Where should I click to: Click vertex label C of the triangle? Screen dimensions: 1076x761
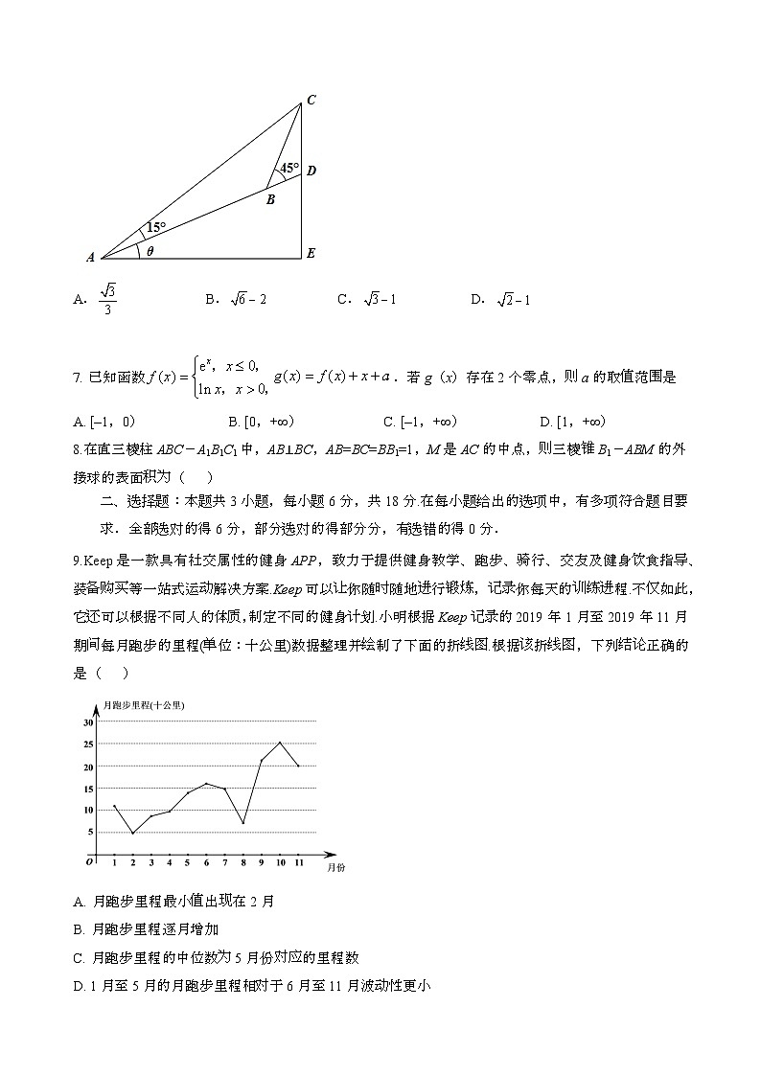point(311,100)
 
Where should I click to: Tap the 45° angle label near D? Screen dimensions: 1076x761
point(289,168)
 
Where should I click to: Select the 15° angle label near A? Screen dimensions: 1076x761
point(155,228)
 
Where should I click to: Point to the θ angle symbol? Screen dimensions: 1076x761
point(150,251)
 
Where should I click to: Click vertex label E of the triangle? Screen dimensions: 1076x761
point(311,254)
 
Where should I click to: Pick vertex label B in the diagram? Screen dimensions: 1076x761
point(270,200)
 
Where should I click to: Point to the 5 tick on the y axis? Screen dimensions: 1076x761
point(89,832)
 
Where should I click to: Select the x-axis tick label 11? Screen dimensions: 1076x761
point(298,864)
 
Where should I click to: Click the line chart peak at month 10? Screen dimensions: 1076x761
point(280,743)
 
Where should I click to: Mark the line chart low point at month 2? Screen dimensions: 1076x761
point(132,834)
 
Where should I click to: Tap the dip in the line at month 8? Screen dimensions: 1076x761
point(243,823)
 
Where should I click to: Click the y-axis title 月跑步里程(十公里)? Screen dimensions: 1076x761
point(147,705)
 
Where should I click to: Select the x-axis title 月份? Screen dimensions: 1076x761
point(335,867)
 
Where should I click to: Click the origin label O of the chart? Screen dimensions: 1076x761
point(89,861)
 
